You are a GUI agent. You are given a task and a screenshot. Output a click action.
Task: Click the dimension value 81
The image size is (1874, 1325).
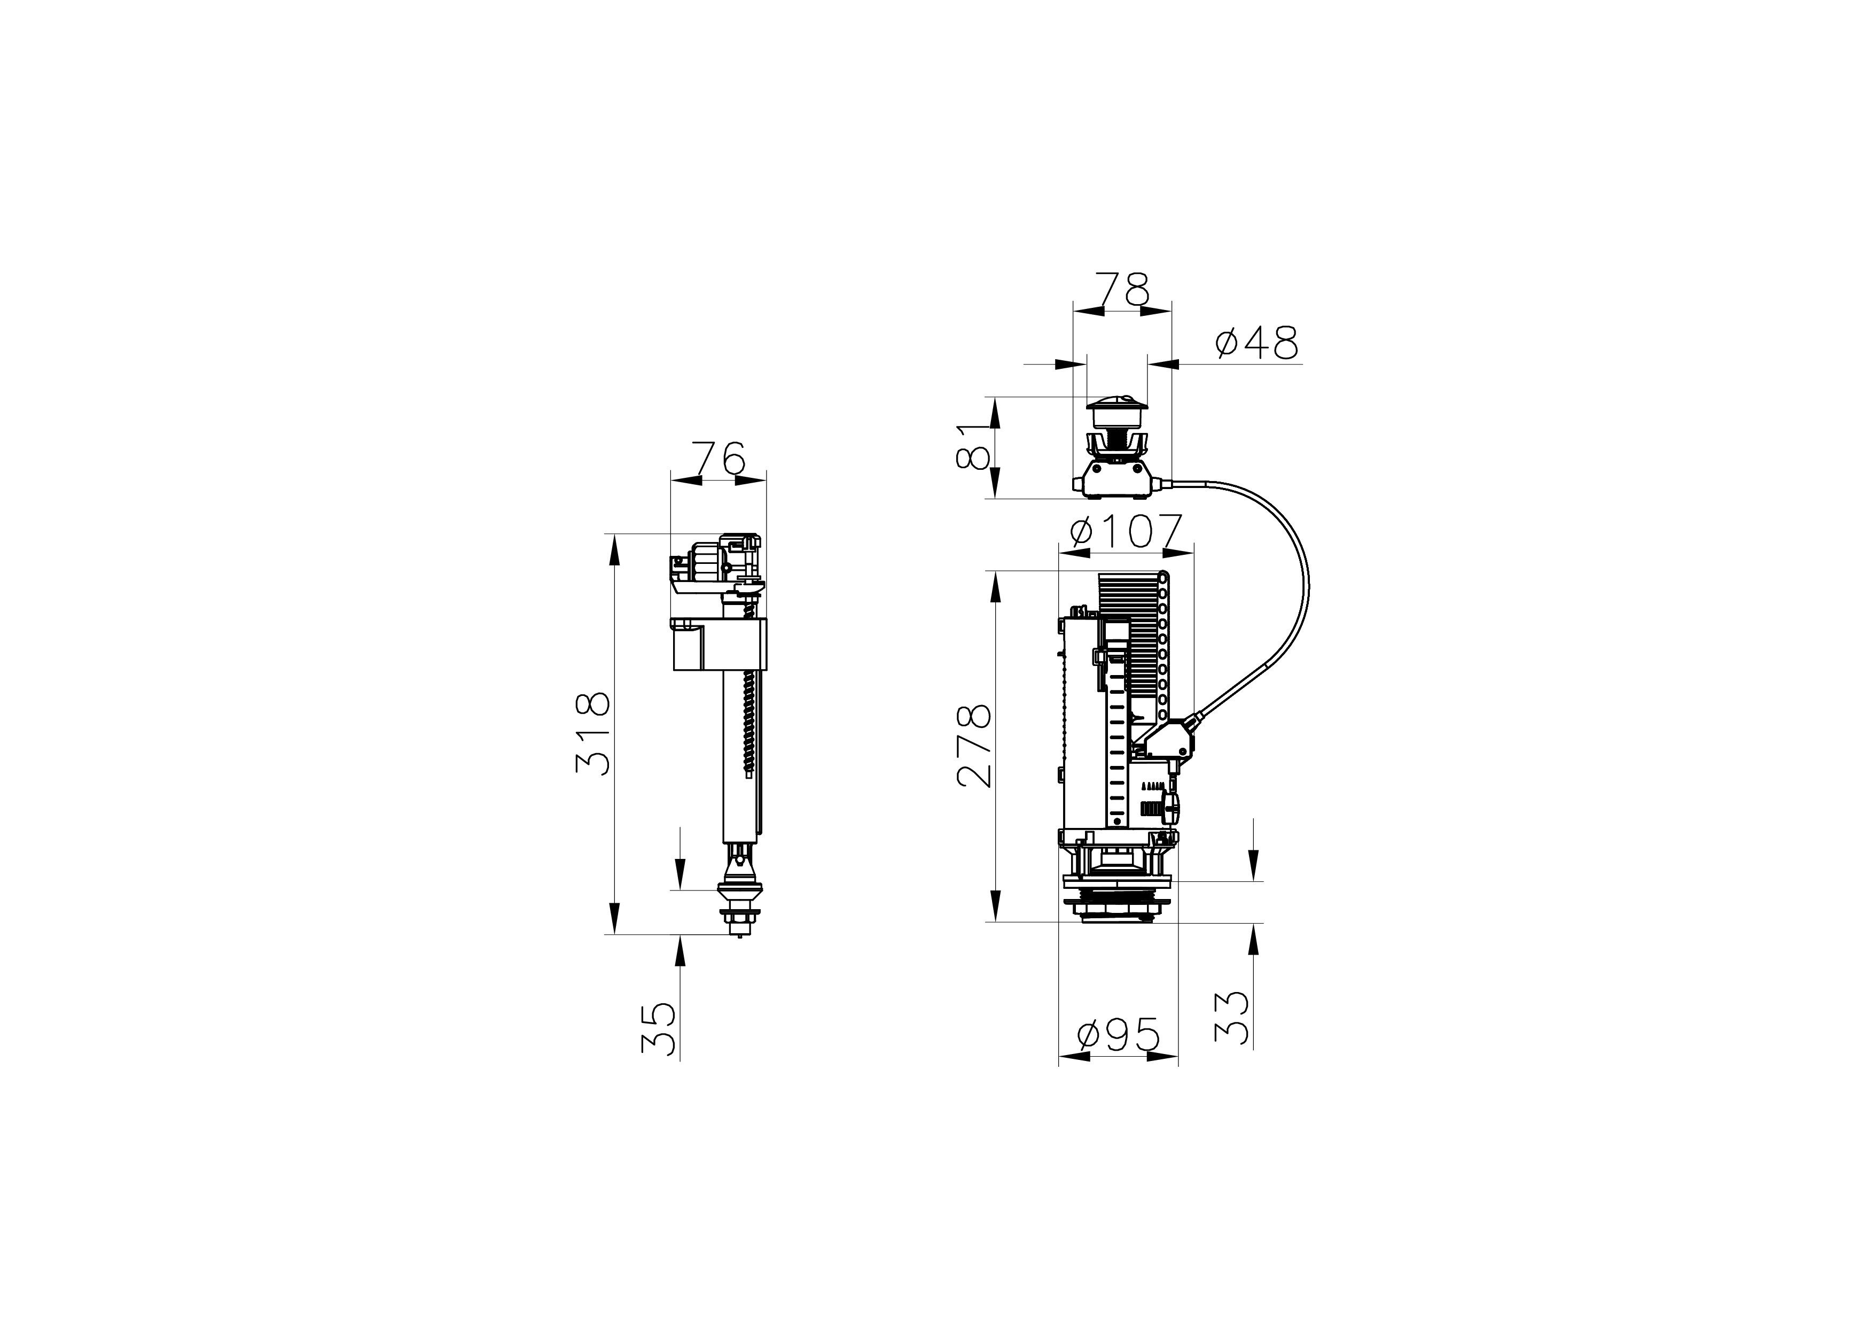click(974, 446)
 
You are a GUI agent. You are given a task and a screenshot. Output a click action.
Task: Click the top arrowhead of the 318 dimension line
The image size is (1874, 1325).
click(614, 553)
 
